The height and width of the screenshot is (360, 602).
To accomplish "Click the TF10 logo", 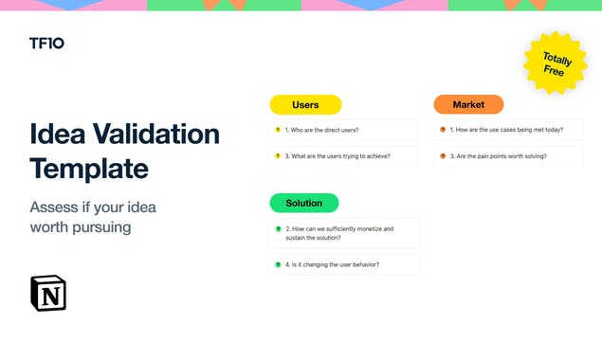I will click(x=46, y=44).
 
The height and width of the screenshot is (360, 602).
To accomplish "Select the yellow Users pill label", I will click(x=305, y=104).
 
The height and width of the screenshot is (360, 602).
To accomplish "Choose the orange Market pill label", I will click(x=468, y=104).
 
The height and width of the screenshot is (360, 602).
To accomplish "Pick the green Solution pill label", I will click(x=304, y=203).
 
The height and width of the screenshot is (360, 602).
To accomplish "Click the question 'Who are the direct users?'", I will click(x=328, y=130).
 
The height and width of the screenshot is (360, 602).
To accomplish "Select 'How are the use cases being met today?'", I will click(x=504, y=130).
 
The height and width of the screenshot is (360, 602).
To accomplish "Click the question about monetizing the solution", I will click(x=339, y=233).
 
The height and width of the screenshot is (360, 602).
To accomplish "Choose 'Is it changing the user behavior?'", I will click(x=332, y=264).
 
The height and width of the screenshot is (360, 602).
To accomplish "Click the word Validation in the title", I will click(x=150, y=134).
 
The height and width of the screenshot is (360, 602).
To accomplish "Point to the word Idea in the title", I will click(x=53, y=134).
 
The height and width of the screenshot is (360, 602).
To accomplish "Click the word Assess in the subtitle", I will click(x=56, y=207).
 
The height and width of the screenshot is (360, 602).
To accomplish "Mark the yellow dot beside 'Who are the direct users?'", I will click(x=278, y=130).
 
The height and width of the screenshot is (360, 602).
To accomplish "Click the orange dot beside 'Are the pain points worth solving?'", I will click(x=443, y=155).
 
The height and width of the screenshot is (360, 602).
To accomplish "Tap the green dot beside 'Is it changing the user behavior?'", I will click(x=278, y=264).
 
